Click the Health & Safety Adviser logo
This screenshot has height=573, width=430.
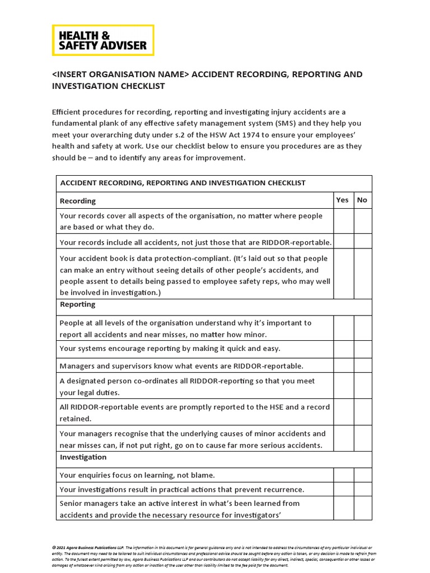(102, 40)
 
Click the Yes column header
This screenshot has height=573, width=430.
(342, 200)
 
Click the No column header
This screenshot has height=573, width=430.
(362, 200)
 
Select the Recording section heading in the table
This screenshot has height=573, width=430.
(78, 201)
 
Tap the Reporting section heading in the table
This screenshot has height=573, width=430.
(78, 304)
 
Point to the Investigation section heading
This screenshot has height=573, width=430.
(83, 457)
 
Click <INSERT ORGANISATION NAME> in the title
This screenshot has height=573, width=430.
(120, 74)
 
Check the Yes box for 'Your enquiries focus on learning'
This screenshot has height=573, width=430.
(343, 475)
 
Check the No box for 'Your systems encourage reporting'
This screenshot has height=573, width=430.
(363, 349)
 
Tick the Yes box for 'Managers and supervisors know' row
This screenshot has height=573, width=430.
(343, 366)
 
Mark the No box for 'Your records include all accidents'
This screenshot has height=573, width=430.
(363, 242)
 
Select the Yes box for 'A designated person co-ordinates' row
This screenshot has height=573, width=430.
(343, 386)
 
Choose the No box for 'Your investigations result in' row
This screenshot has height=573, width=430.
(363, 490)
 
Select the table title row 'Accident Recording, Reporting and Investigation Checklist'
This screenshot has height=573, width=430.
(183, 183)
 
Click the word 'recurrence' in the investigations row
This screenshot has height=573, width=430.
(282, 490)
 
